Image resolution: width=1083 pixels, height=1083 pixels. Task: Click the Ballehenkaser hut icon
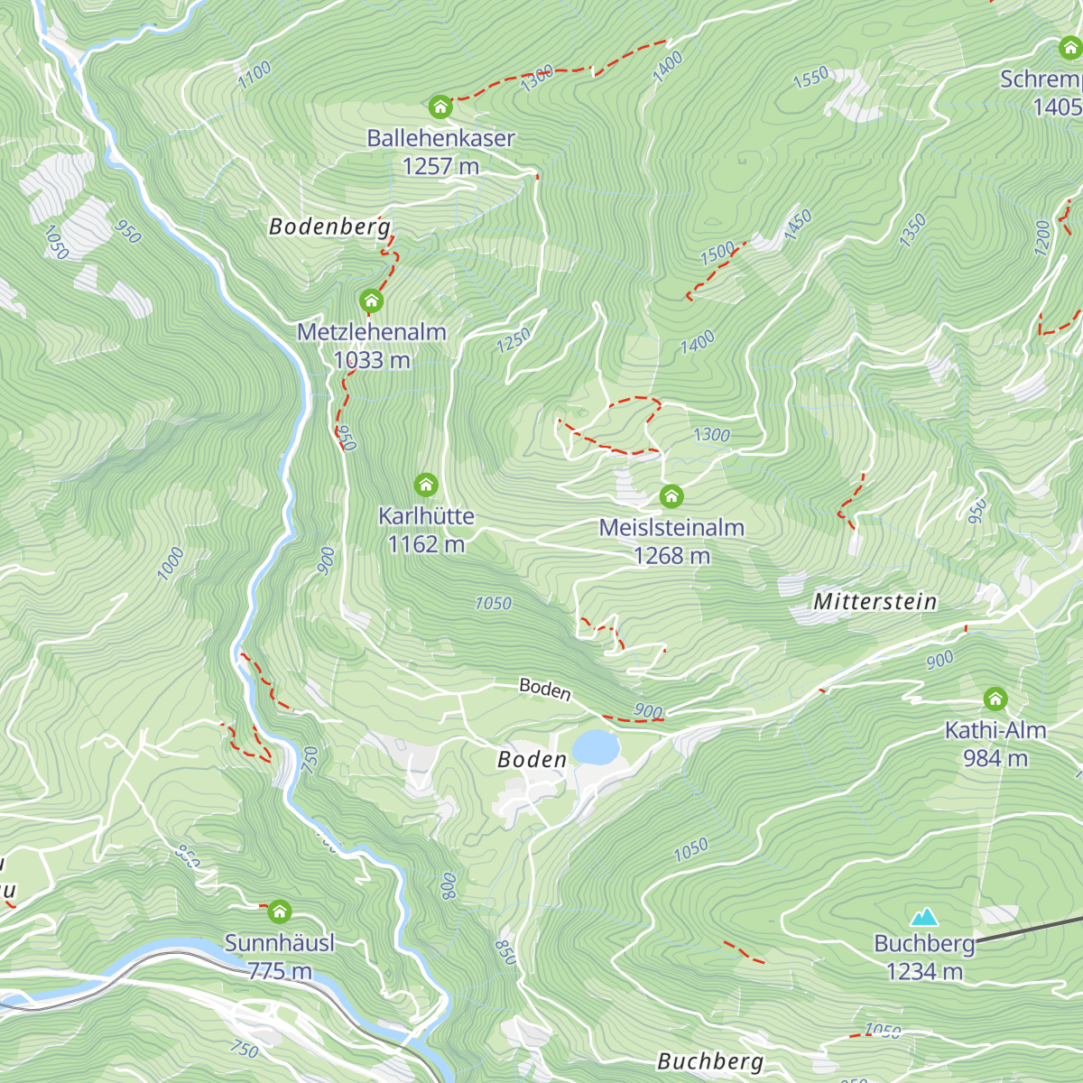click(440, 106)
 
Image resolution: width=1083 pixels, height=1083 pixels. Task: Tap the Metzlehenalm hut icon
click(371, 301)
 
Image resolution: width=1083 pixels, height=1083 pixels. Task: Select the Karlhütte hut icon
click(426, 485)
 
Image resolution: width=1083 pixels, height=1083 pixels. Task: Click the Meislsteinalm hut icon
click(671, 496)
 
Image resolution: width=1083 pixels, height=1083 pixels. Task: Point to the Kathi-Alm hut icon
click(995, 699)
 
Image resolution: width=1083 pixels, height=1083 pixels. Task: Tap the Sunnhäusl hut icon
click(280, 911)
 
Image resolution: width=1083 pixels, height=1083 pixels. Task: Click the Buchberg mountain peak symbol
click(923, 918)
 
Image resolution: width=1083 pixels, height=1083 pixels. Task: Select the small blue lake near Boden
click(596, 747)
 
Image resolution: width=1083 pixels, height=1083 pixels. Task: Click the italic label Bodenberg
click(329, 227)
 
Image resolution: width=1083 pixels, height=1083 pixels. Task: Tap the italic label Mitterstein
click(875, 602)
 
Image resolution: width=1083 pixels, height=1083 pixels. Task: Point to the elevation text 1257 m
click(440, 166)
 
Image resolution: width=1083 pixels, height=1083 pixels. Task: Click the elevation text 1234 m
click(924, 972)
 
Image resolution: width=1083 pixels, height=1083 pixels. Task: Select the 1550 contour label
click(810, 79)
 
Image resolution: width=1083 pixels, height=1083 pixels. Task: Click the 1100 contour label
click(255, 74)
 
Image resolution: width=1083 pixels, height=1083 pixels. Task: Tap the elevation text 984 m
click(995, 758)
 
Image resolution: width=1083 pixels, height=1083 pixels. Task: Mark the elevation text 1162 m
click(426, 544)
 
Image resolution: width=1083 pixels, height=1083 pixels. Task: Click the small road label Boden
click(545, 690)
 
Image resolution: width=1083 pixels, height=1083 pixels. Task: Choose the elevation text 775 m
click(280, 971)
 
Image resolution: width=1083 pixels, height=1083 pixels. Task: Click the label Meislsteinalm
click(671, 528)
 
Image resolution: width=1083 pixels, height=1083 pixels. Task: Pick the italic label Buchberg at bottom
click(710, 1061)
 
